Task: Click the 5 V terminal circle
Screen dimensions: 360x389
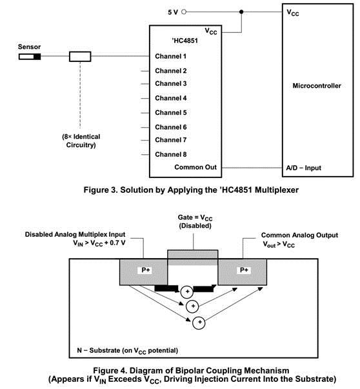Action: [x=184, y=12]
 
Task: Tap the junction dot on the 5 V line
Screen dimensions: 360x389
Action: [x=241, y=12]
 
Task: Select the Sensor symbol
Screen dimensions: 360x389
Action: [x=30, y=57]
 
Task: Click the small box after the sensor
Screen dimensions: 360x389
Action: [x=80, y=57]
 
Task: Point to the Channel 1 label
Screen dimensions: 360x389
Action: [x=171, y=56]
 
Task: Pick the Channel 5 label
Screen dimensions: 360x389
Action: [x=171, y=113]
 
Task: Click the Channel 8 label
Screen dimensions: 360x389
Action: [x=171, y=154]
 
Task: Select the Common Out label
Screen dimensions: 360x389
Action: [x=195, y=167]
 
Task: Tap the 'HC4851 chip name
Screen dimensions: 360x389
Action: [x=185, y=41]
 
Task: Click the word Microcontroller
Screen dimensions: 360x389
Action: [x=317, y=86]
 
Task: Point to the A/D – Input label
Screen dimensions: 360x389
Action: [x=303, y=168]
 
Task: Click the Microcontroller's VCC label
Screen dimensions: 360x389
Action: [x=293, y=12]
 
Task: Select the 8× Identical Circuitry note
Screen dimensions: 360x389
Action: [x=81, y=141]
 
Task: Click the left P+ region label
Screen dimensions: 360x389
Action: [x=145, y=270]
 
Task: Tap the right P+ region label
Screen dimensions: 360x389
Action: [x=244, y=270]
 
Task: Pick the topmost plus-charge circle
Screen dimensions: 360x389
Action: [x=187, y=292]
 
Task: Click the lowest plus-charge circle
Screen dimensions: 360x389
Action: [x=199, y=323]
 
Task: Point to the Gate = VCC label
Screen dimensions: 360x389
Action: [x=195, y=218]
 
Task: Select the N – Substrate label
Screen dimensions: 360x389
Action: [x=128, y=351]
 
